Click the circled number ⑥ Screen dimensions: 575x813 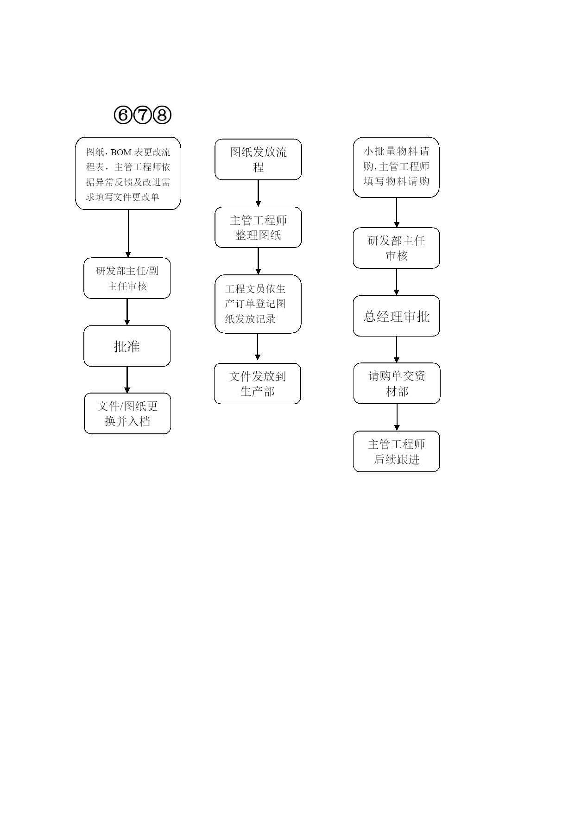tap(123, 114)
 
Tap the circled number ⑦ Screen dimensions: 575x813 tap(142, 114)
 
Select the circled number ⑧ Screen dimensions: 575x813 tap(162, 114)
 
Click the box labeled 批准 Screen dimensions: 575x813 tap(127, 346)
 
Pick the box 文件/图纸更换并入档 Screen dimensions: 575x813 tap(127, 413)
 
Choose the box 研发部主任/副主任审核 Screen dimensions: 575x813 tap(127, 278)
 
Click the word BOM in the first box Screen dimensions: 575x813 tap(121, 152)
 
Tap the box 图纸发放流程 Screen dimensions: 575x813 tap(258, 159)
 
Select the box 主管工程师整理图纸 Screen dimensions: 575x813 tap(258, 227)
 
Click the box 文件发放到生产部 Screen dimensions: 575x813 tap(258, 383)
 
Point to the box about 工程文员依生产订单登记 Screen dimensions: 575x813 tap(258, 304)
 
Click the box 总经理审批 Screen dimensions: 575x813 tap(397, 316)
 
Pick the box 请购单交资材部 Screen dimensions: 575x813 tap(397, 383)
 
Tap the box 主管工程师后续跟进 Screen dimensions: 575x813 tap(397, 451)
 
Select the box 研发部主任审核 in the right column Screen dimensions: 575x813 tap(397, 248)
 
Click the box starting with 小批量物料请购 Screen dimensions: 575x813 tap(396, 167)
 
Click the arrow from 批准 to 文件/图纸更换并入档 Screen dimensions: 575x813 tap(127, 380)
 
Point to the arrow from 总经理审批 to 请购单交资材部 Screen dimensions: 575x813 tap(397, 349)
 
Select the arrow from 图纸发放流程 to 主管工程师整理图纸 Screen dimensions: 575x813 tap(258, 193)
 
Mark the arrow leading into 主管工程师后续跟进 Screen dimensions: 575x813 tap(397, 417)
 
